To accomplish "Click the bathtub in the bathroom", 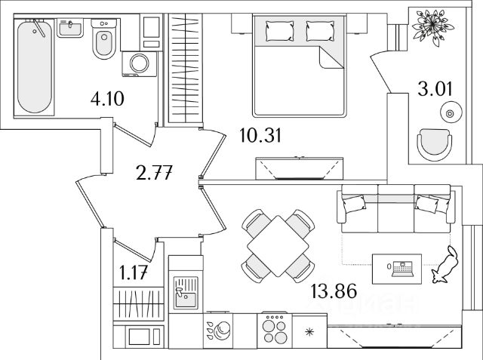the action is (35, 67).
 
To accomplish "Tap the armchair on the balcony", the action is (435, 142).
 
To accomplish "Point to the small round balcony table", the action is (450, 114).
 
